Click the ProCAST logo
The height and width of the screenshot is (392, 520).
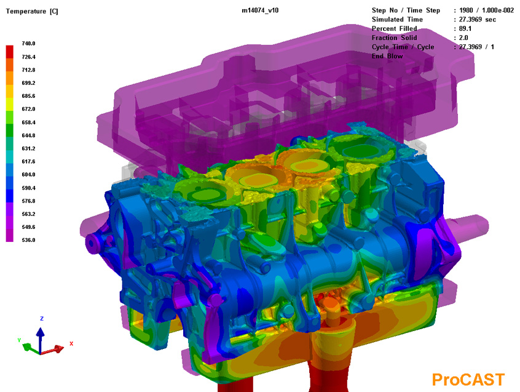pos(468,380)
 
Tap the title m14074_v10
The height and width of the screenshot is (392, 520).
pos(260,10)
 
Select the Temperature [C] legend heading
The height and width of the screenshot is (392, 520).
pos(32,11)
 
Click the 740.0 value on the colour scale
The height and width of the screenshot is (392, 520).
pos(28,44)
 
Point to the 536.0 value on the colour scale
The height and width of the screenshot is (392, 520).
pos(28,240)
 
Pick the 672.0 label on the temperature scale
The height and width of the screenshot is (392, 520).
pos(28,109)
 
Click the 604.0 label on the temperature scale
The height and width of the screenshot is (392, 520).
pos(28,174)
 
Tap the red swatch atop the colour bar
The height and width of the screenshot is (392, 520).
pos(10,52)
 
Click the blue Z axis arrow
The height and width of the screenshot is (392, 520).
pos(41,340)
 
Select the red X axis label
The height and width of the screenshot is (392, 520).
pos(71,343)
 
